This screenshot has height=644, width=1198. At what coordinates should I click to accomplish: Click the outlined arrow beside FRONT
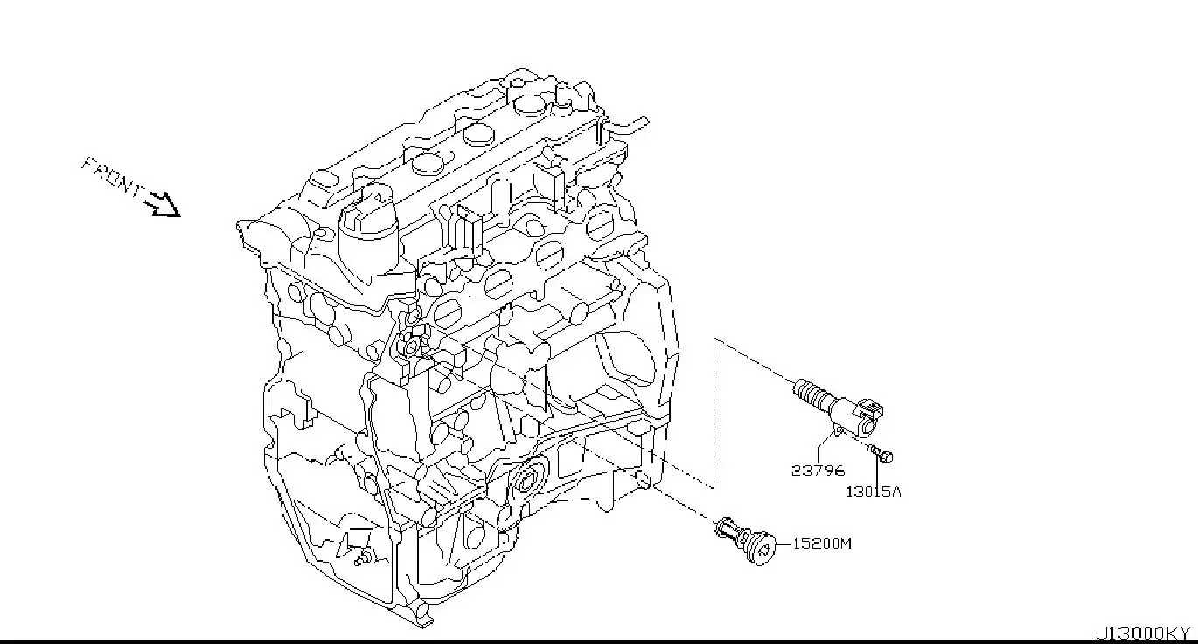click(162, 206)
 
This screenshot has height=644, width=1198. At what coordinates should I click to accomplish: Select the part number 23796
click(818, 471)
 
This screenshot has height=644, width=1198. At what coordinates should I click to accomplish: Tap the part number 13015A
click(873, 492)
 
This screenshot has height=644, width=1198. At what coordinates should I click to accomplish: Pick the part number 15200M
click(821, 543)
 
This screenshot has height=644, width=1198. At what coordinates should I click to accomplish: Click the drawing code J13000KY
click(1144, 633)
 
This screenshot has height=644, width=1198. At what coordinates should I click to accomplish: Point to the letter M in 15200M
click(845, 543)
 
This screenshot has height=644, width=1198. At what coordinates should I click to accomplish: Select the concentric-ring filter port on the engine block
click(527, 481)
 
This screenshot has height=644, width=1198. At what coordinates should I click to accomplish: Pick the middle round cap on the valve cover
click(479, 134)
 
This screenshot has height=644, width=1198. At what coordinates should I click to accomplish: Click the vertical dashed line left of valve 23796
click(714, 411)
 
